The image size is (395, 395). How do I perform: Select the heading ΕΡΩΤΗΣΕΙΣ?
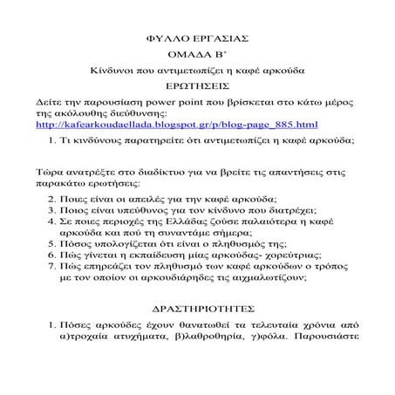(198, 87)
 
